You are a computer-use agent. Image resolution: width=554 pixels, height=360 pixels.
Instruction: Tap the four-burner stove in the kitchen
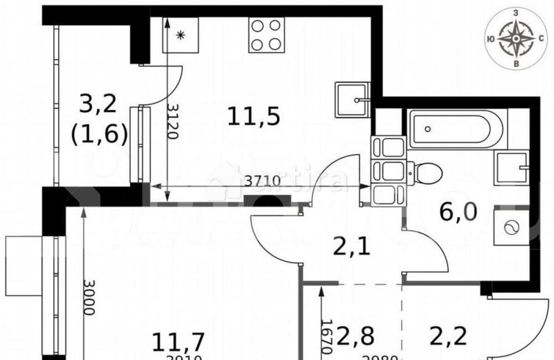tap(266, 35)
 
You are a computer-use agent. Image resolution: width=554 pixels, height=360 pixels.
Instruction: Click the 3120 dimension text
tap(173, 121)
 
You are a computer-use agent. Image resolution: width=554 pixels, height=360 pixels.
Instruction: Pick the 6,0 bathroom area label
tap(458, 212)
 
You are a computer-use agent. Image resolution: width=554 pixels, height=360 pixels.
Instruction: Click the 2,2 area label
tap(446, 336)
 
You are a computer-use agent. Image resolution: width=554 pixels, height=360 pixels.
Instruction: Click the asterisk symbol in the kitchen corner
tap(180, 35)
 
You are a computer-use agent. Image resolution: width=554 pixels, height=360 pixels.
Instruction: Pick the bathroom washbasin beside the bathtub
tap(512, 166)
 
